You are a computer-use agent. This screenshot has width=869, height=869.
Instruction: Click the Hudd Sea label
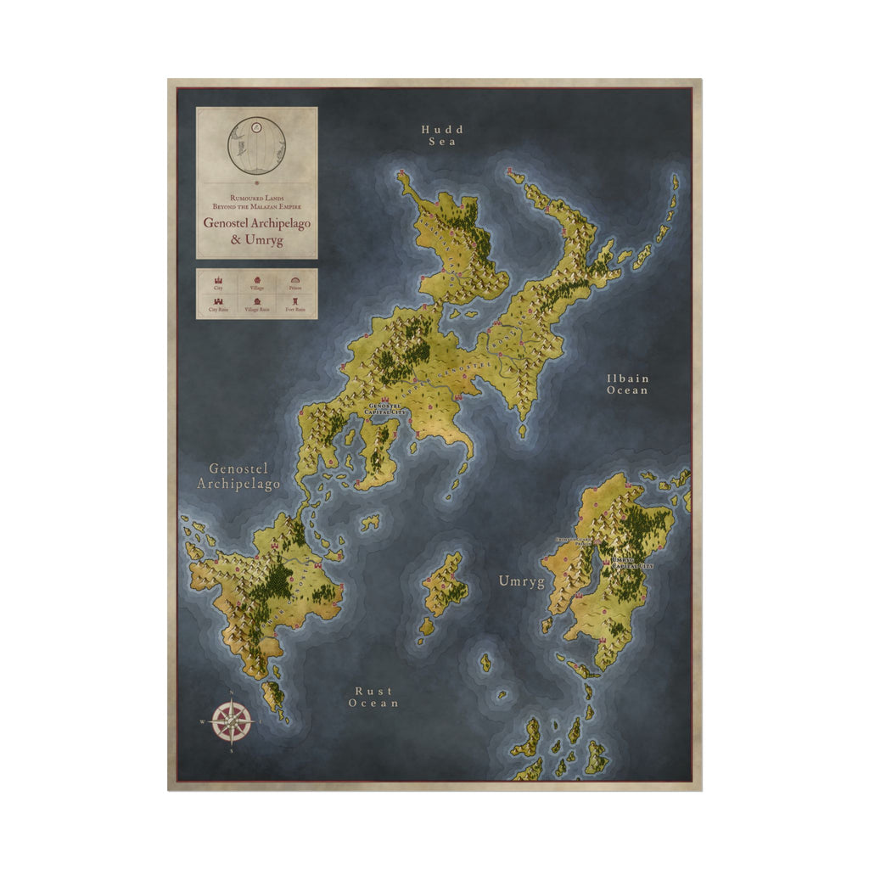tap(442, 136)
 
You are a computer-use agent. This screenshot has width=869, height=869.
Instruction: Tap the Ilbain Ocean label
tap(627, 384)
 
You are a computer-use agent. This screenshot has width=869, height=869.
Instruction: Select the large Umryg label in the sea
tap(521, 582)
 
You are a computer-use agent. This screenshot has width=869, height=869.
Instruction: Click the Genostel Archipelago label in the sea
tap(238, 476)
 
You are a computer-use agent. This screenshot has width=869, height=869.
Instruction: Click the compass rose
tap(232, 722)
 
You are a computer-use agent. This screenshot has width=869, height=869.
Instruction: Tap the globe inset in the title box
tap(256, 146)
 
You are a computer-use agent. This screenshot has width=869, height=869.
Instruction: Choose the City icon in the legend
tap(218, 279)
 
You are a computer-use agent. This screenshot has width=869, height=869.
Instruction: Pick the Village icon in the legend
tap(257, 279)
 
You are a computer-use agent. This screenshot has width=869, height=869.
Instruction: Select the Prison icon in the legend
tap(294, 279)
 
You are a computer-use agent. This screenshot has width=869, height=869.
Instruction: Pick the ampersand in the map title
tap(236, 240)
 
